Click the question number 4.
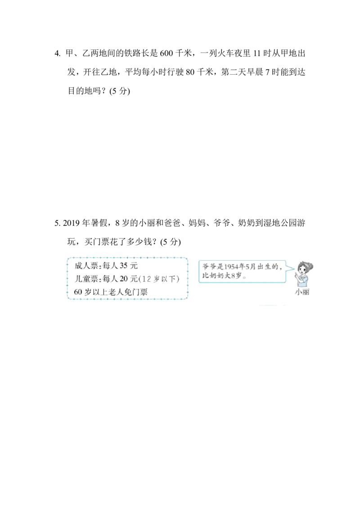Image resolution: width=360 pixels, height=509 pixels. (57, 54)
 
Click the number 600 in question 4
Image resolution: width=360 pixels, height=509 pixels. (166, 53)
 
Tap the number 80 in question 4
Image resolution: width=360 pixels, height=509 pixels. (190, 72)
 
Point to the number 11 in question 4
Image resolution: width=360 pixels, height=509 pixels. (257, 53)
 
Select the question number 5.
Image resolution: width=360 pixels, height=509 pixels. (57, 223)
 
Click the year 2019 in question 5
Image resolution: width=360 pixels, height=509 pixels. (71, 223)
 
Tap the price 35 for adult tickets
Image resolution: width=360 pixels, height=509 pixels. (123, 266)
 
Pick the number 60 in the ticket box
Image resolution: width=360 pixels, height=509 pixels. (78, 292)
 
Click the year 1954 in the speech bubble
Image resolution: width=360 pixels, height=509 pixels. (232, 267)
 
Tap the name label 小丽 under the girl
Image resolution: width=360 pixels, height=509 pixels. (302, 292)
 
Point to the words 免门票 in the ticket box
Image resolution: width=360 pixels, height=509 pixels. (135, 292)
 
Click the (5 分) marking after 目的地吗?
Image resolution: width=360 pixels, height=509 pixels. (120, 91)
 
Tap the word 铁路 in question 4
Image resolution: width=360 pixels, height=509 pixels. (132, 53)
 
